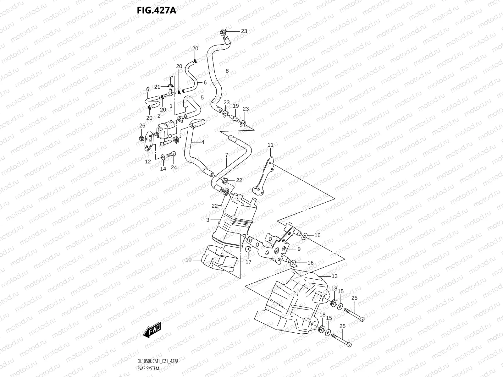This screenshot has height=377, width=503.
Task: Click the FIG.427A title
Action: (x=156, y=10)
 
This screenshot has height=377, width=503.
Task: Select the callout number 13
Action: (x=334, y=276)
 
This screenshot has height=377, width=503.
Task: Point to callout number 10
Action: (x=188, y=260)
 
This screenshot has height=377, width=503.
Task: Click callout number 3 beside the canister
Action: (x=207, y=220)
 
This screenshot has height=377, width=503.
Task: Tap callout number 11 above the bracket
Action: (x=270, y=145)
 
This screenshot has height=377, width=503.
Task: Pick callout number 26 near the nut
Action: (x=142, y=126)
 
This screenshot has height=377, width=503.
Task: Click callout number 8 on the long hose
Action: (x=227, y=71)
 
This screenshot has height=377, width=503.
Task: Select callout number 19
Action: (x=236, y=106)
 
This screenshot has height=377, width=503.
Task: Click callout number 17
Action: (x=248, y=262)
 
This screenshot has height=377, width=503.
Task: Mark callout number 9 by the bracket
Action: (x=299, y=249)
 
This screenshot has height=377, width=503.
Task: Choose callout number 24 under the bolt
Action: (x=174, y=167)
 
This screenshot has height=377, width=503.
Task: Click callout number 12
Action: (x=148, y=162)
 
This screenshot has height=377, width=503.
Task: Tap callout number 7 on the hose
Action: (x=226, y=155)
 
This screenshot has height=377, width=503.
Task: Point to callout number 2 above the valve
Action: (x=159, y=116)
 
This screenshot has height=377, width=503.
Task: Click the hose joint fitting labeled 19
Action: (x=235, y=117)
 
